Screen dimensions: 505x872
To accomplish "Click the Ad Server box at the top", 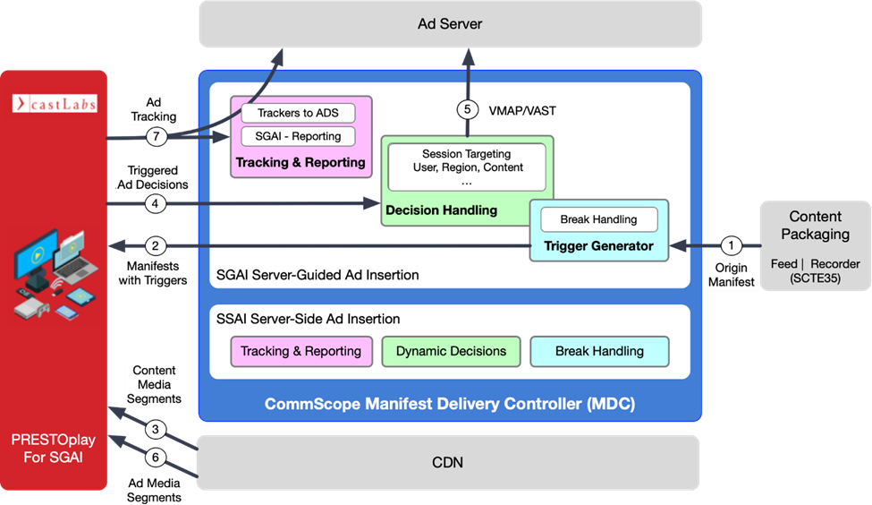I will point(449,24).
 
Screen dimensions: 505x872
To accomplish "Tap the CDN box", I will point(449,462).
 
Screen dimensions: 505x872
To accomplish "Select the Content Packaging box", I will point(815,244).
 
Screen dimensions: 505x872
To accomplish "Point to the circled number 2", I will point(155,245).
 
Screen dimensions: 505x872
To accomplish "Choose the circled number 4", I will point(155,204).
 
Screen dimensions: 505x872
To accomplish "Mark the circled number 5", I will point(466,111).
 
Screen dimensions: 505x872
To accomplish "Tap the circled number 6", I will point(155,457).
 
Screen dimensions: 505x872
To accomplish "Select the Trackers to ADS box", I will point(298,114).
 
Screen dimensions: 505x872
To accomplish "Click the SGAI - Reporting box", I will point(298,136).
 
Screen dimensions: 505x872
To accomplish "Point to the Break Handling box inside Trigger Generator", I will point(598,219).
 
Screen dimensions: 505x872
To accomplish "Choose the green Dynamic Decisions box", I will point(451,351).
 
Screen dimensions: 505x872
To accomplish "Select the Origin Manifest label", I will point(732,275).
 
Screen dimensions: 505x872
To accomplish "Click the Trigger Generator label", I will point(599,245).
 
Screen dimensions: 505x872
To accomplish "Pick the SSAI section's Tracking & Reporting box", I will point(300,351).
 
